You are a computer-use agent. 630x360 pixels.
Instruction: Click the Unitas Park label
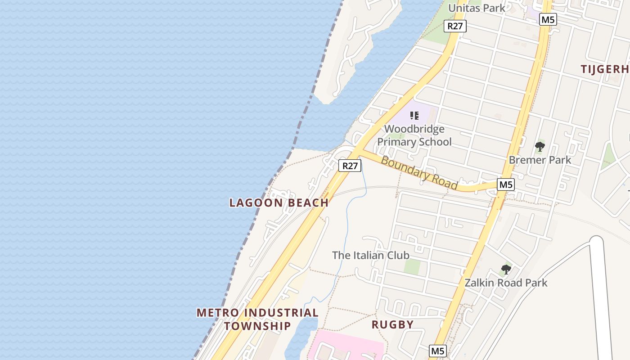[477, 8]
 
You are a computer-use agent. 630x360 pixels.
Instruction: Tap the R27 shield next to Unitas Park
[455, 26]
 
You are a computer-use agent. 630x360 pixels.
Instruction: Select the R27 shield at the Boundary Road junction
[350, 166]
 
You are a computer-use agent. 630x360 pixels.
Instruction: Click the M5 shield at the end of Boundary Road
[506, 184]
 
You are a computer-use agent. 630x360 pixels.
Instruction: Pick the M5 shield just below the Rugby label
[438, 351]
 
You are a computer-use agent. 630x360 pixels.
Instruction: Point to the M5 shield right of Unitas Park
[548, 19]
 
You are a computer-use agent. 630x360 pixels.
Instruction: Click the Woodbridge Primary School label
[414, 135]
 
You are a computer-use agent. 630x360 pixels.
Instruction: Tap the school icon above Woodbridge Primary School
[414, 116]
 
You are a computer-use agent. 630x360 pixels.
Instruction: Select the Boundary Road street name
[419, 173]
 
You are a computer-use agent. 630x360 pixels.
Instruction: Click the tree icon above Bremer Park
[540, 147]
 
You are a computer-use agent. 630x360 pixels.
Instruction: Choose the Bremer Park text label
[540, 160]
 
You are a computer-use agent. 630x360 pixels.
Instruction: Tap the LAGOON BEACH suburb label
[279, 203]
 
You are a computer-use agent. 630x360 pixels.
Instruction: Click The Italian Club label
[370, 255]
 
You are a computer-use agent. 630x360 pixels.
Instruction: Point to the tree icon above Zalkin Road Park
[506, 270]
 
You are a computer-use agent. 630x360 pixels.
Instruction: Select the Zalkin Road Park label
[506, 283]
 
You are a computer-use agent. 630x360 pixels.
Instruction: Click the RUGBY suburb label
[392, 324]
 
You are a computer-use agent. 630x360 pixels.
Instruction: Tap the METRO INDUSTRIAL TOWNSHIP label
[257, 319]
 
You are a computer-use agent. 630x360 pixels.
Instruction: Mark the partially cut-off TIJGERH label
[604, 69]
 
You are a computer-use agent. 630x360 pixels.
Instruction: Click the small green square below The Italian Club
[412, 266]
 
